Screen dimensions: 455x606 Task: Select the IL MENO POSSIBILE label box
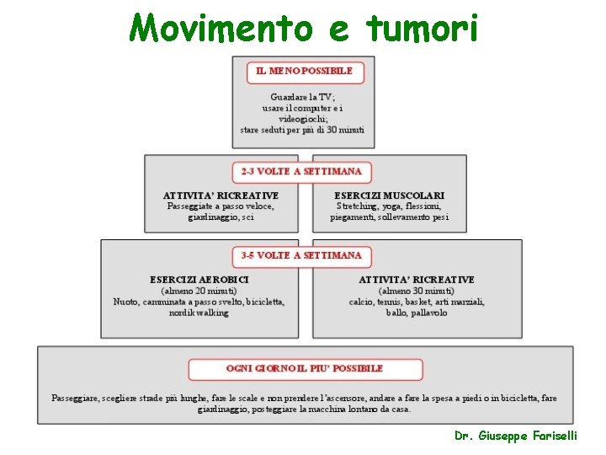[305, 72]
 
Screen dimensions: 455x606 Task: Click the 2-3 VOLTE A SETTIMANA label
[301, 171]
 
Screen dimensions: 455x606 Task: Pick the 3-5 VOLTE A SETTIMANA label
[301, 255]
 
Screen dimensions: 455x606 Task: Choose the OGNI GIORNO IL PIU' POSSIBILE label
[305, 368]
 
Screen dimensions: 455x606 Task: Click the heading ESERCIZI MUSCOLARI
[389, 195]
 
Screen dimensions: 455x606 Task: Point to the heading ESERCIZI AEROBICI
[199, 279]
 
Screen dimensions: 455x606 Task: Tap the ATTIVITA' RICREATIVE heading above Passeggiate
[221, 195]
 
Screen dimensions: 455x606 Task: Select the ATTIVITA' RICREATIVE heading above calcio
[417, 279]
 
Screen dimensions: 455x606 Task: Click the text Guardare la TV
[302, 97]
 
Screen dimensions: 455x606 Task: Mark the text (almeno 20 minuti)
[199, 291]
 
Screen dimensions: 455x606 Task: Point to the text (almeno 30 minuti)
[417, 291]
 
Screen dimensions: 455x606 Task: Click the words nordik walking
[199, 313]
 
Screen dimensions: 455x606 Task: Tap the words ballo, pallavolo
[417, 313]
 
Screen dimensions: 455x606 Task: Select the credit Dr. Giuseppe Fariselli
[527, 436]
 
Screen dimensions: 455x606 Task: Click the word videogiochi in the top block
[302, 119]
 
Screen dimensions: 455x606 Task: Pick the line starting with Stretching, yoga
[389, 206]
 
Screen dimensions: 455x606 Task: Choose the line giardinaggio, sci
[221, 217]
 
